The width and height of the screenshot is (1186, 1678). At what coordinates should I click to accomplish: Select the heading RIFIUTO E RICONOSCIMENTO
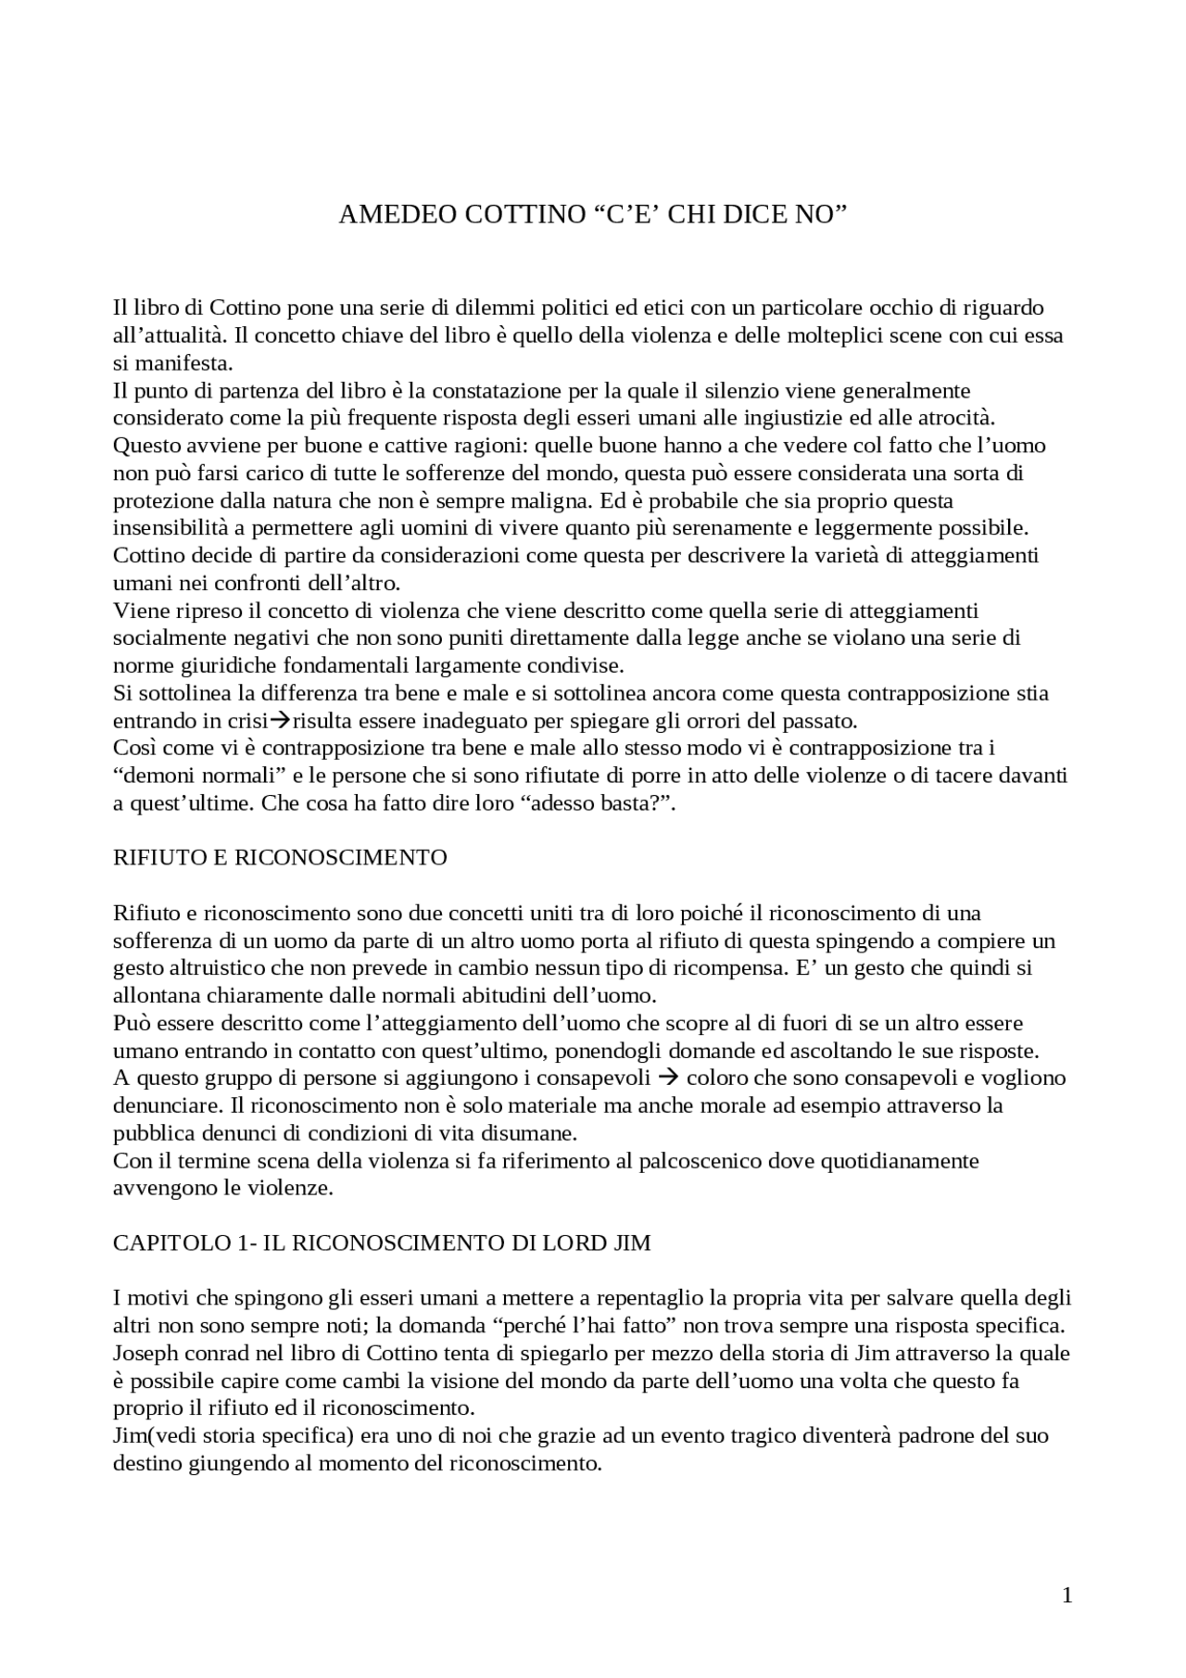click(x=280, y=857)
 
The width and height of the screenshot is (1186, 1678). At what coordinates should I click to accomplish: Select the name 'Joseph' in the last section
click(x=145, y=1354)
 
